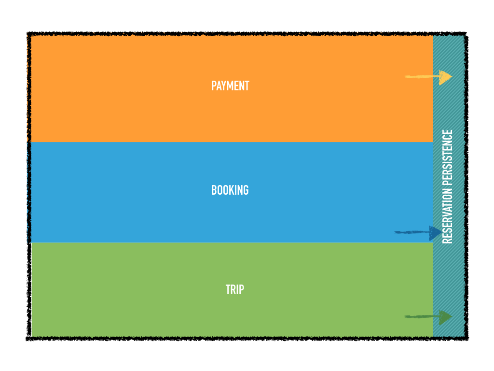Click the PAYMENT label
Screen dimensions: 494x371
click(x=230, y=86)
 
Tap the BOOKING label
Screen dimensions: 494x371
click(x=230, y=190)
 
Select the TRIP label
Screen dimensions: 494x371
click(x=235, y=290)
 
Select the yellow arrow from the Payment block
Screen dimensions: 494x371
click(x=428, y=77)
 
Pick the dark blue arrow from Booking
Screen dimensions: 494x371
click(x=418, y=233)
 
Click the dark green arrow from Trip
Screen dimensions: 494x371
click(x=428, y=317)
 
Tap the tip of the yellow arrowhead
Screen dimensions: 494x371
click(x=453, y=76)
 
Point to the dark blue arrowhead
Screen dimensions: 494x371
click(x=436, y=233)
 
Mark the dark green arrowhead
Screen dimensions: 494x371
click(x=446, y=317)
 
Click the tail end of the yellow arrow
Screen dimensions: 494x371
click(x=405, y=76)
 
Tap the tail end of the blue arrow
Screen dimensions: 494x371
click(x=395, y=232)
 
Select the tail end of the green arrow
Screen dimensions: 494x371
click(x=405, y=316)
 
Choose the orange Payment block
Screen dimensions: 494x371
click(x=232, y=89)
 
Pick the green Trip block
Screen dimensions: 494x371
click(x=232, y=290)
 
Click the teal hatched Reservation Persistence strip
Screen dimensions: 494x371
click(x=449, y=186)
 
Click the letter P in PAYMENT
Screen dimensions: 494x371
click(x=214, y=86)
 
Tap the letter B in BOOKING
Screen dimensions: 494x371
click(x=214, y=190)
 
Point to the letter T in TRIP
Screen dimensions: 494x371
click(x=228, y=290)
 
